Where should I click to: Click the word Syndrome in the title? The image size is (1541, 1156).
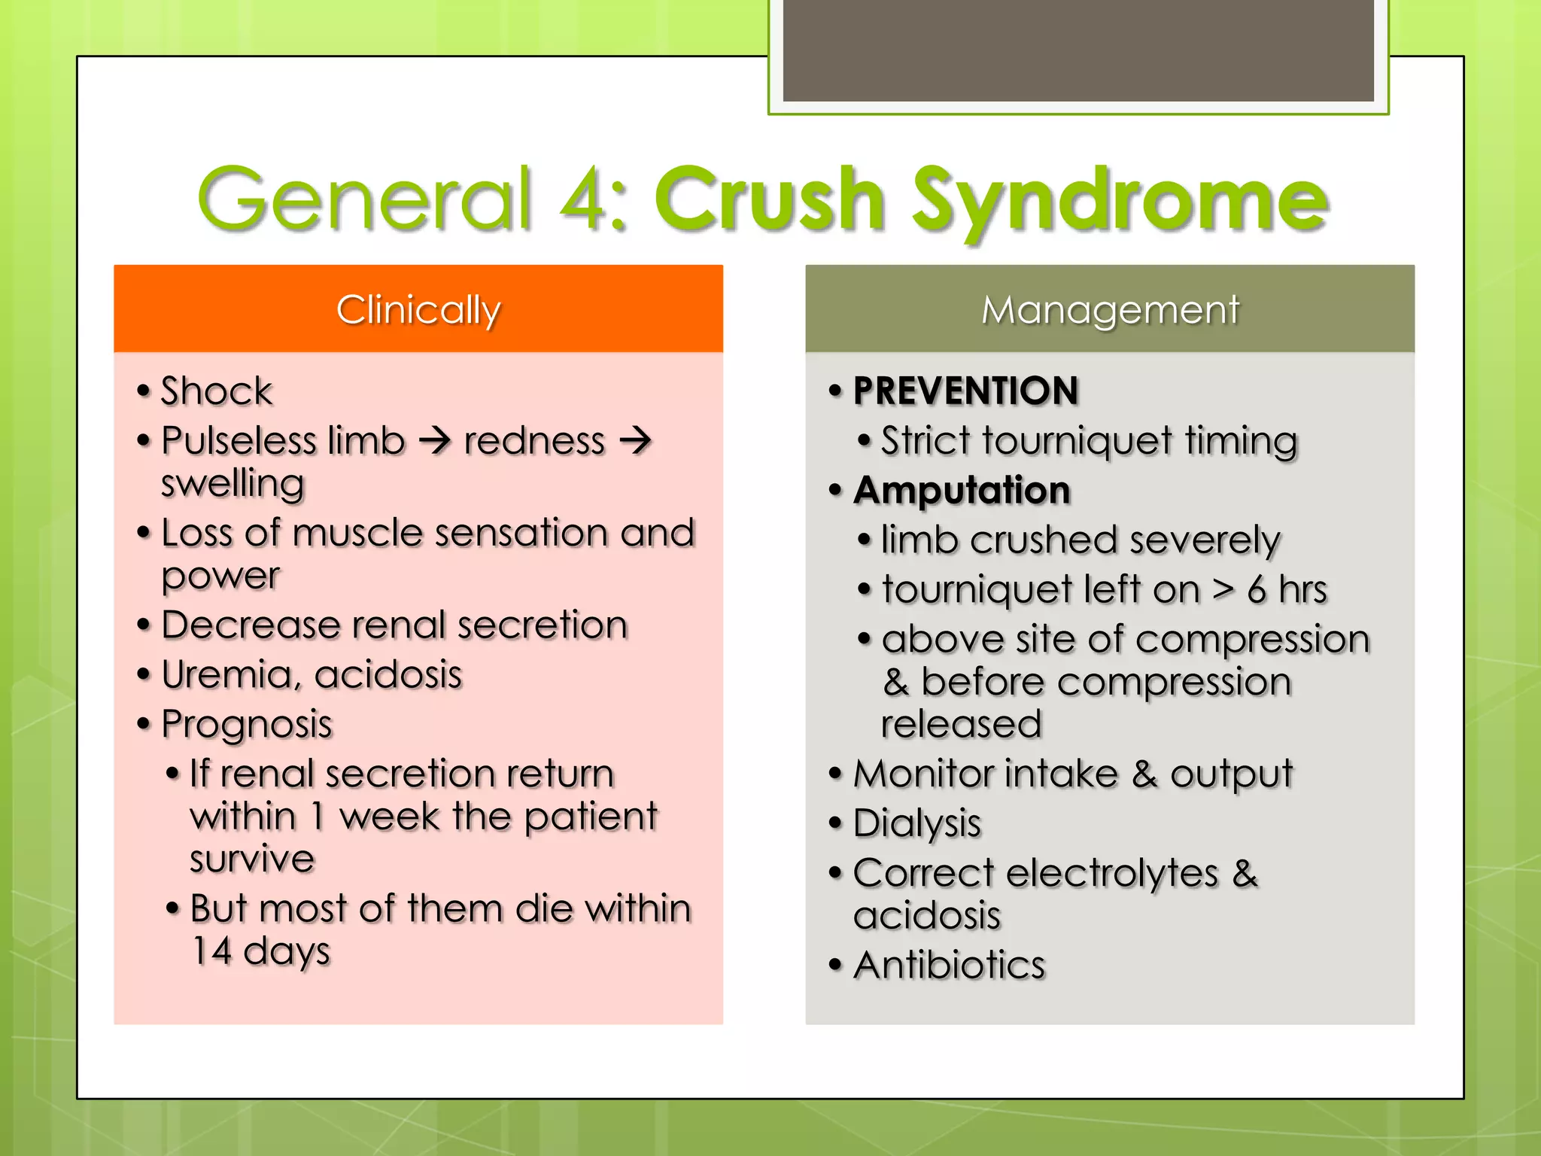(1120, 202)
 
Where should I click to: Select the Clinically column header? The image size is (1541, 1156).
(418, 309)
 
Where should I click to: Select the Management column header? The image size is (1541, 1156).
(1110, 309)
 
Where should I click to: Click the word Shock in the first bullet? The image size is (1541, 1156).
(217, 391)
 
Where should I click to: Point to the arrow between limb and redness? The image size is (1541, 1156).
(434, 440)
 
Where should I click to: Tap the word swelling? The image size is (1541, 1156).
(233, 484)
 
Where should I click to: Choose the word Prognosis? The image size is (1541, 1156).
(247, 725)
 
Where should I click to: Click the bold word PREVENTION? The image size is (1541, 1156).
(966, 391)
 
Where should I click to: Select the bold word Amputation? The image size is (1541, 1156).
(962, 491)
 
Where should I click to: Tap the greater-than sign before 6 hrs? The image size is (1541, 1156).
(1223, 589)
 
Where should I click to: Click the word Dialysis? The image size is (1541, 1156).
(917, 823)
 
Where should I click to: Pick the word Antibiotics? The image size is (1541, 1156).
(950, 965)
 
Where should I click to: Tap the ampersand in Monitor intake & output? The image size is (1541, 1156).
(1144, 774)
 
